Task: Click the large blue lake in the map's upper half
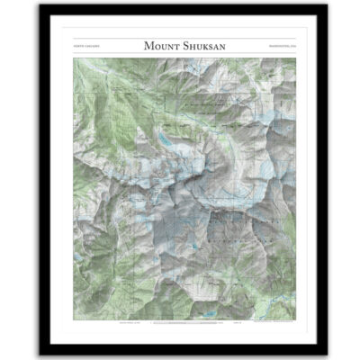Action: [x=167, y=139]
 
